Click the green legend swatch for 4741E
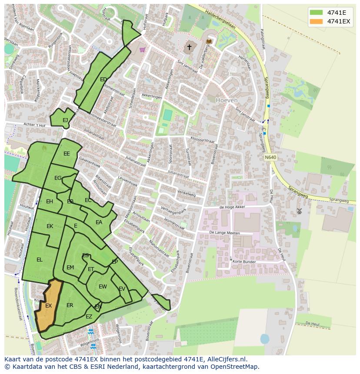click(x=317, y=12)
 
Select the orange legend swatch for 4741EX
click(x=317, y=21)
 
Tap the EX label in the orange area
click(x=48, y=306)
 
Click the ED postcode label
click(x=103, y=79)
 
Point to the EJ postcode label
click(x=65, y=120)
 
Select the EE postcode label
click(x=67, y=154)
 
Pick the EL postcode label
click(x=39, y=260)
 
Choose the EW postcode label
click(x=103, y=287)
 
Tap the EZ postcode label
click(x=89, y=317)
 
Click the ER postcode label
click(x=70, y=305)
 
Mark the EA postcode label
click(x=99, y=222)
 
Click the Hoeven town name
click(x=227, y=100)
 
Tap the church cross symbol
click(x=189, y=47)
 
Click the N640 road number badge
click(x=270, y=157)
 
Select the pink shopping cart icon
click(x=142, y=49)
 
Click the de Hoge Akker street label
click(x=233, y=207)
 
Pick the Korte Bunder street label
click(x=244, y=262)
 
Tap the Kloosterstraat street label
click(x=203, y=141)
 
